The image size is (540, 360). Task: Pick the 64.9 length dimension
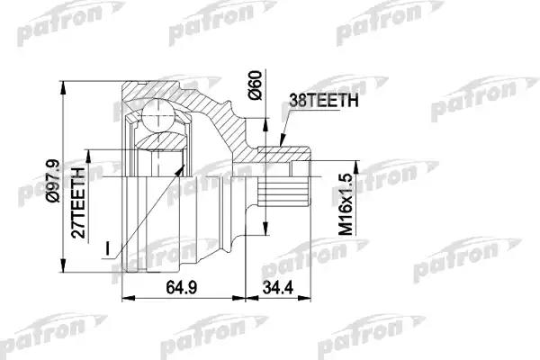click(x=180, y=289)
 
